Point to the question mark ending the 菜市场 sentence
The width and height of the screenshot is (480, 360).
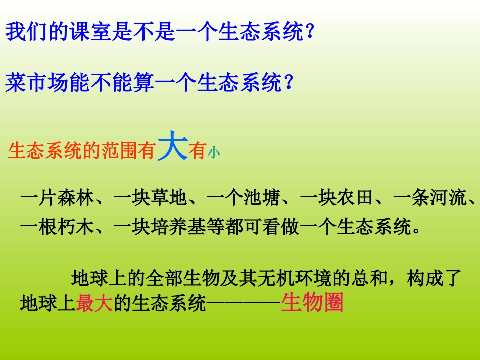pyautogui.click(x=289, y=83)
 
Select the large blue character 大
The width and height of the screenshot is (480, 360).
pyautogui.click(x=172, y=147)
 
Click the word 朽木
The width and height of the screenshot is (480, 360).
pyautogui.click(x=76, y=227)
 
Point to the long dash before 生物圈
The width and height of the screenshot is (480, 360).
pyautogui.click(x=244, y=304)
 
